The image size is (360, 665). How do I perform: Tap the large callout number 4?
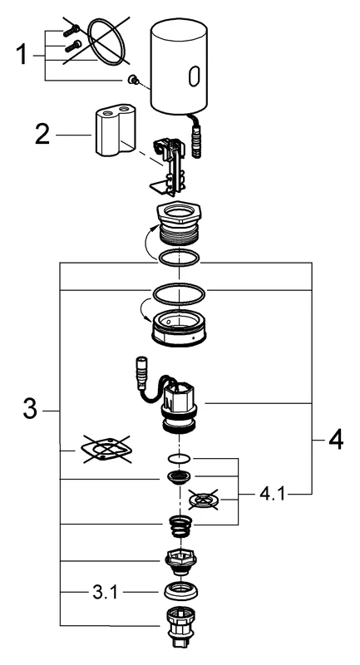pyautogui.click(x=334, y=439)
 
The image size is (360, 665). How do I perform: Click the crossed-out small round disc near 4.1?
pyautogui.click(x=204, y=500)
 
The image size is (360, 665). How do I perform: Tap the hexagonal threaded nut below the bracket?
pyautogui.click(x=180, y=224)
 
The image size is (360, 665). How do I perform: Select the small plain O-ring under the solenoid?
pyautogui.click(x=180, y=457)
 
